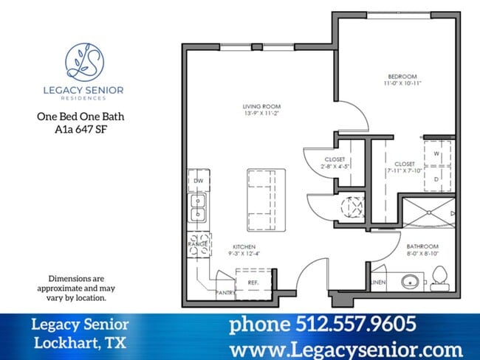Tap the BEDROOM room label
coord(402,77)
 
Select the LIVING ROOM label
coord(256,106)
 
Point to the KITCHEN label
coord(244,246)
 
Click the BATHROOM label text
coord(423,246)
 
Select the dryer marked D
coord(437,178)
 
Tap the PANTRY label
coord(225,293)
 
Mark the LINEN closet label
coord(378,282)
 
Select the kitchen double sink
coord(199,207)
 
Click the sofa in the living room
coord(266,200)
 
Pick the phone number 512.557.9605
coord(323,324)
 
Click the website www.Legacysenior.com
coord(346,348)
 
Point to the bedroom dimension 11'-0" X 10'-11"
coord(402,84)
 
